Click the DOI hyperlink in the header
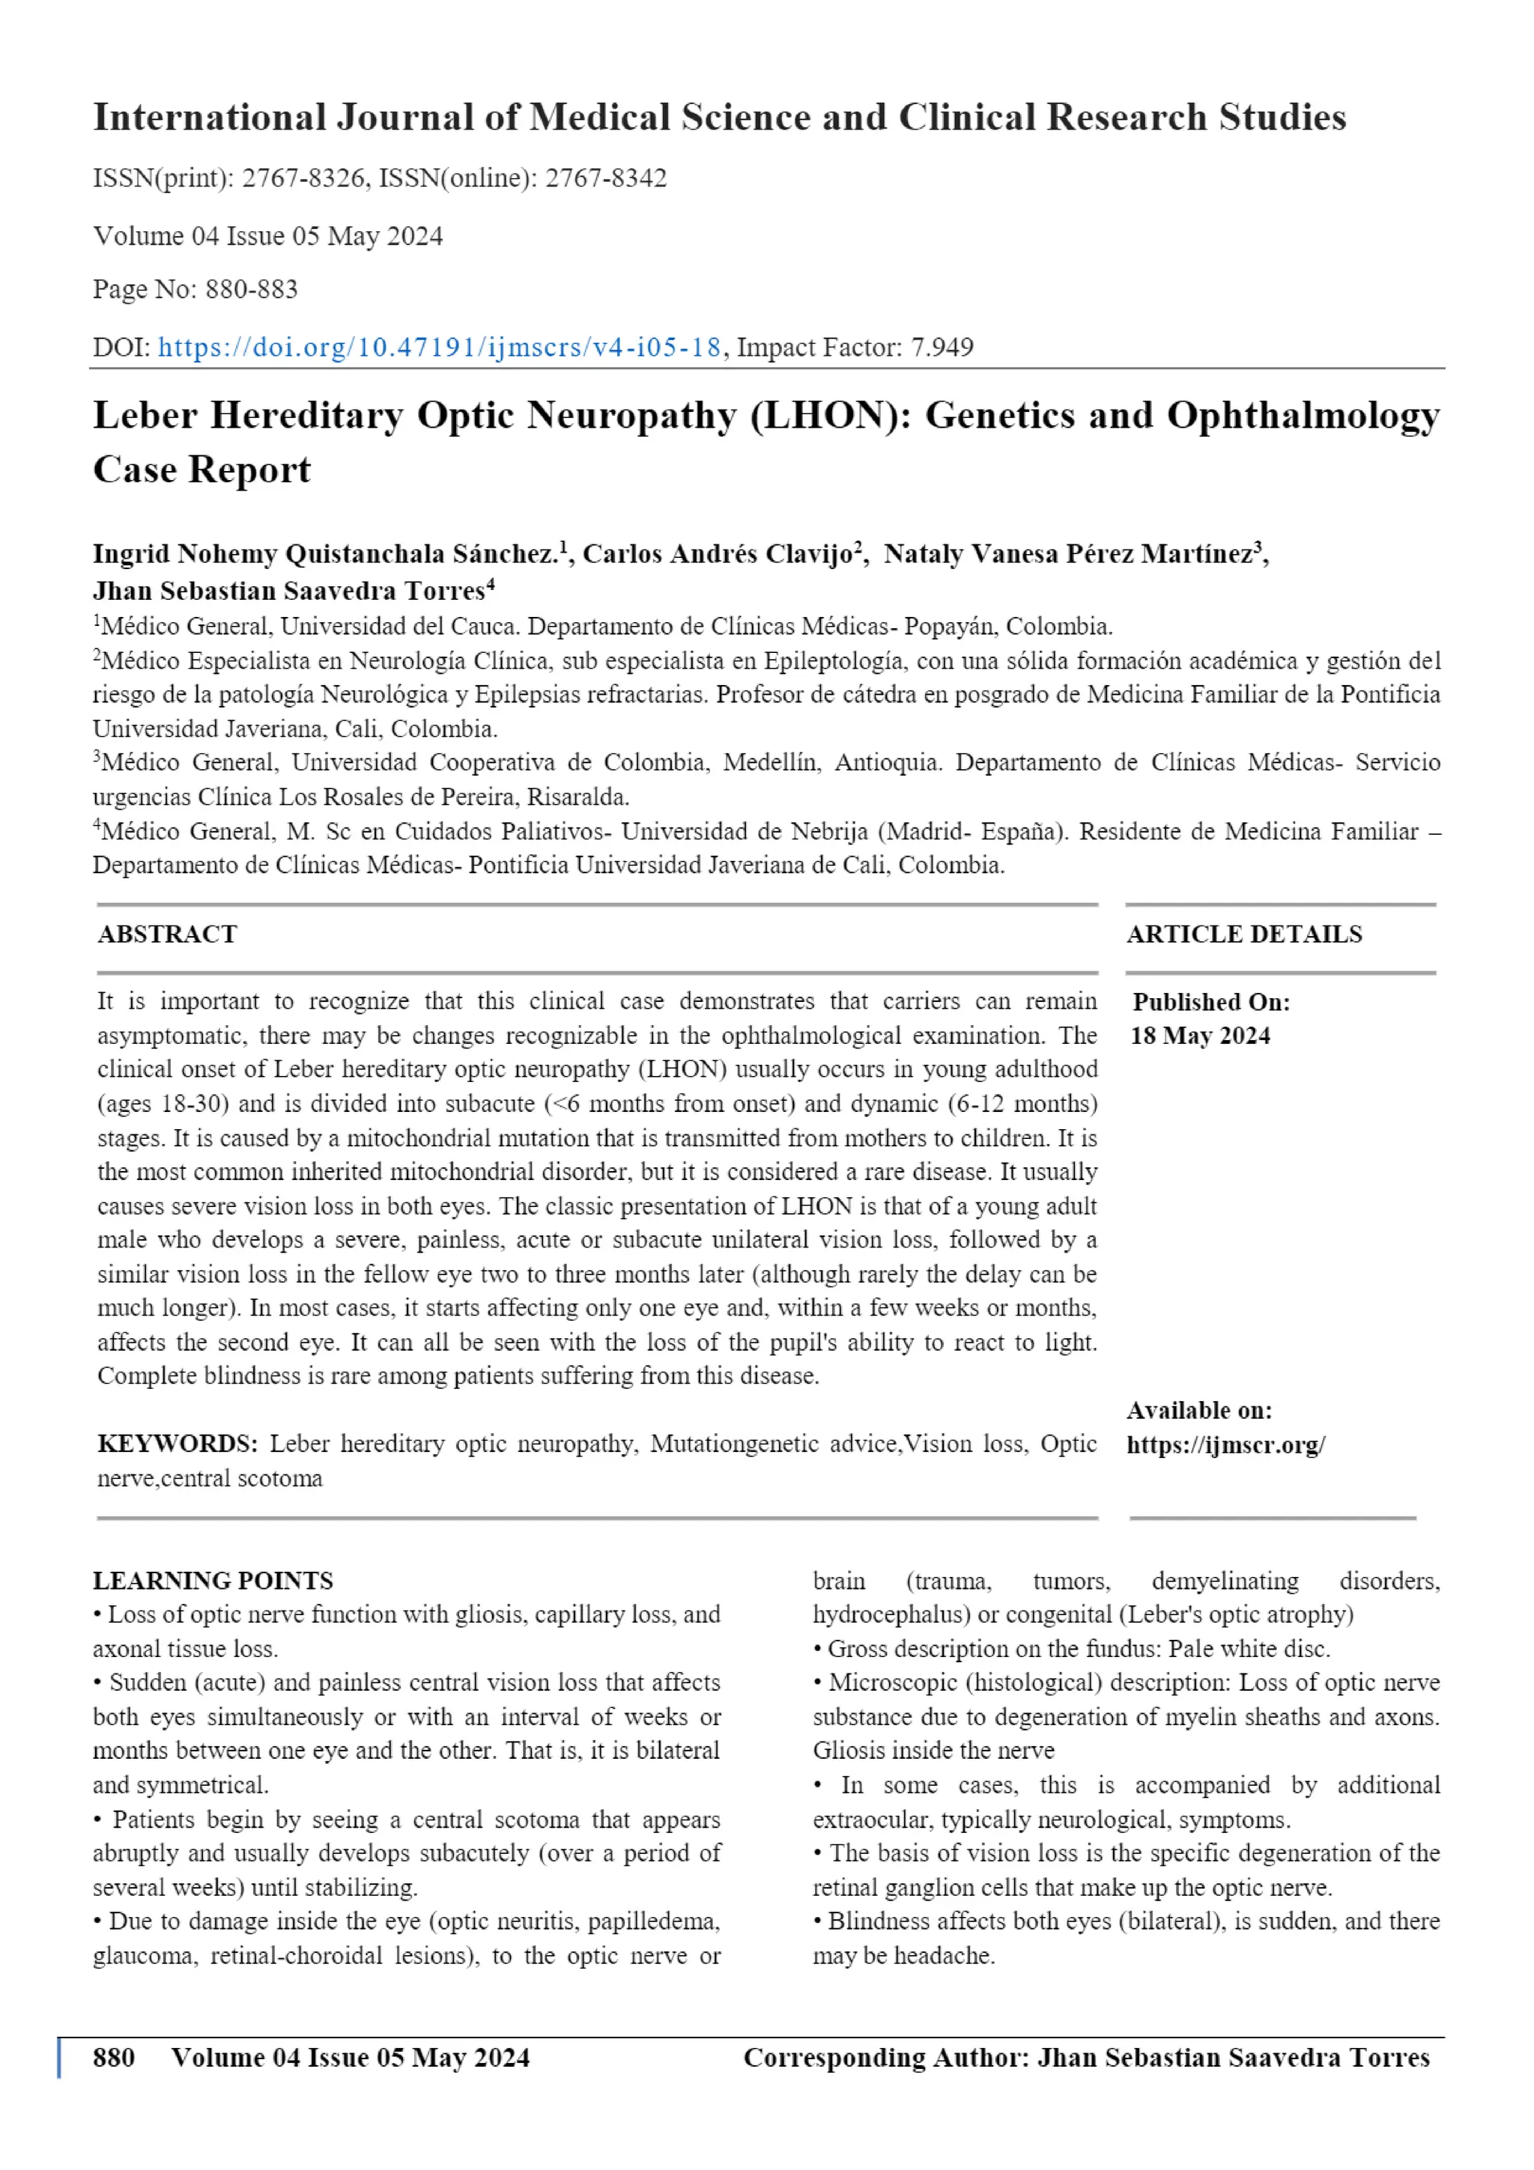[x=440, y=347]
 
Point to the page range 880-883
[x=252, y=289]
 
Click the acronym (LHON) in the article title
[x=831, y=416]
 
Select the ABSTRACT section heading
[x=167, y=934]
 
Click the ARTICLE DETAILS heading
[x=1244, y=934]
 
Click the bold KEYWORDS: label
[x=177, y=1444]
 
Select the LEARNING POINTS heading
[x=213, y=1580]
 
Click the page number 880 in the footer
[x=113, y=2058]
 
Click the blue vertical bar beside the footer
[x=59, y=2058]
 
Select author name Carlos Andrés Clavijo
[x=718, y=555]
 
